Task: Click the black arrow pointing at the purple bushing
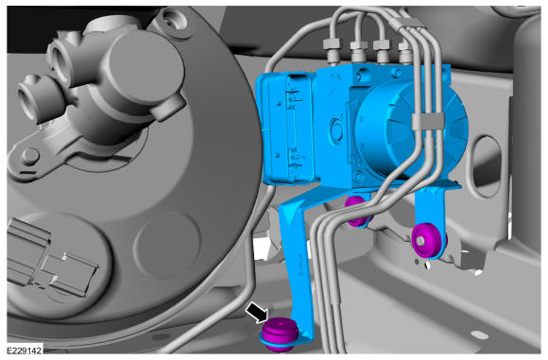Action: pos(258,313)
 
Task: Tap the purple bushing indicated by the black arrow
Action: pos(281,334)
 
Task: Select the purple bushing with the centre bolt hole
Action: pos(429,241)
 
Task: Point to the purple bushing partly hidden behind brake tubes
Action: pos(357,211)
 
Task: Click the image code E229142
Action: pos(25,350)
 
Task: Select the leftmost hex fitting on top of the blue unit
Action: pos(332,49)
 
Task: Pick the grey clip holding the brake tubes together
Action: pos(428,121)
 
